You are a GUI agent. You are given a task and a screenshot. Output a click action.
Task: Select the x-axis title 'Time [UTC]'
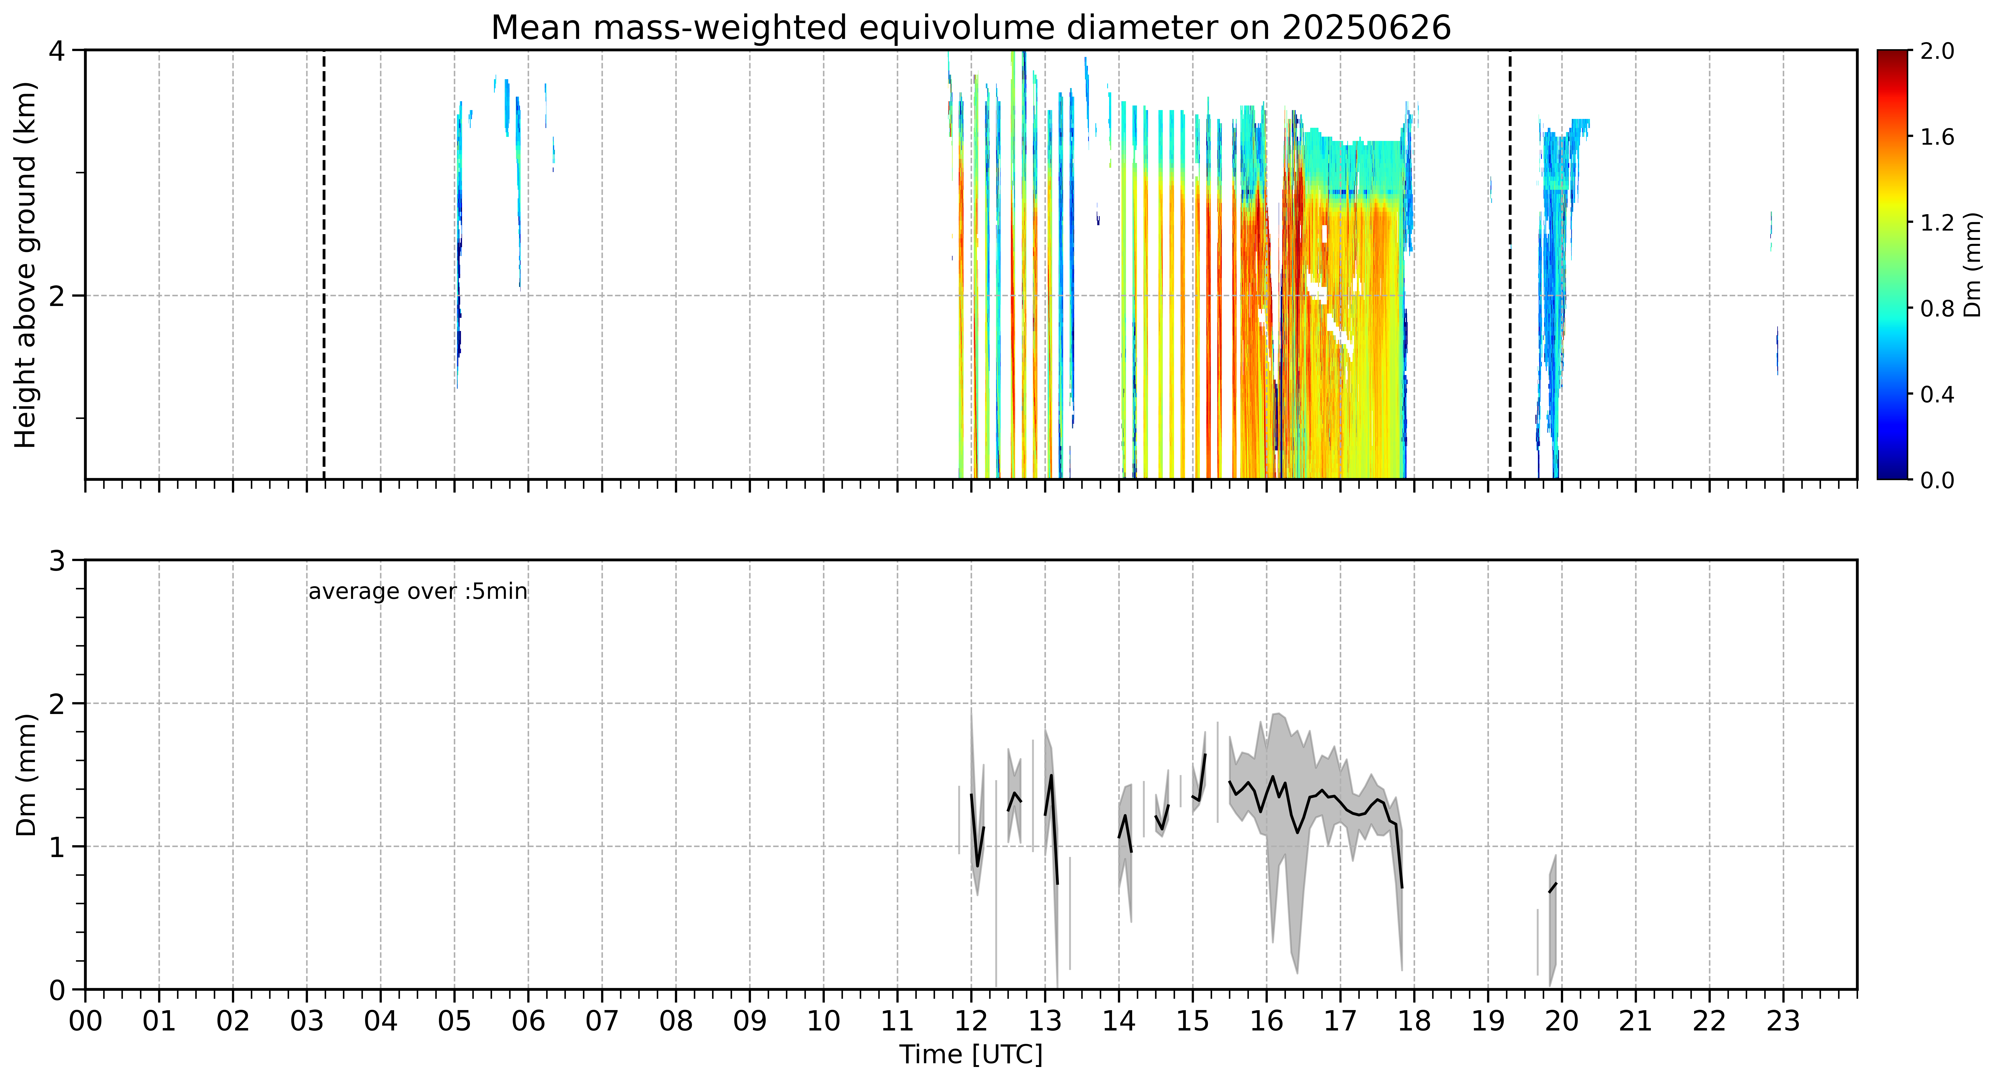coord(971,1055)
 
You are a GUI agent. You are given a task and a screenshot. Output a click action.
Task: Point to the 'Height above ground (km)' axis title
coord(26,264)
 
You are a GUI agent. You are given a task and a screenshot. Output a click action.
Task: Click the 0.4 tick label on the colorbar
coord(1937,394)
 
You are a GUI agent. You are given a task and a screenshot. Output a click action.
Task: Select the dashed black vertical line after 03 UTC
coord(324,264)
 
